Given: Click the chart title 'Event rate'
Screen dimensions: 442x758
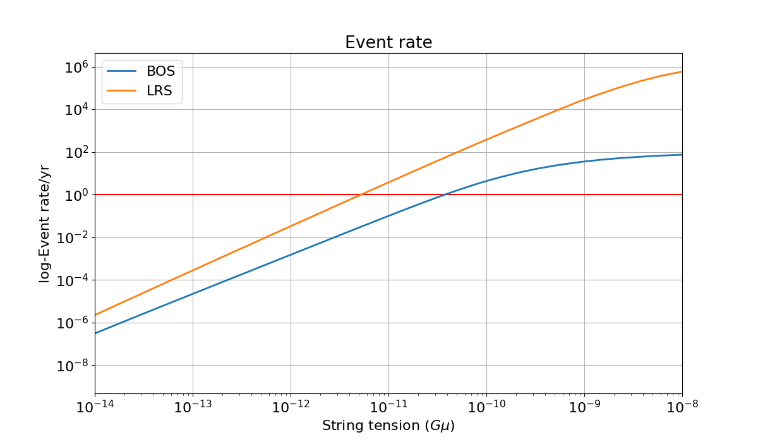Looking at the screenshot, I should (388, 42).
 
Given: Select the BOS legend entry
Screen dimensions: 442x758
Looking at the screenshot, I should (141, 71).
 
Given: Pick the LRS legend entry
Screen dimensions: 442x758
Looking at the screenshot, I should (141, 92).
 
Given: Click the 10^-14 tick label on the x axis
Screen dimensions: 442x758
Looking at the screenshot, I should (95, 407).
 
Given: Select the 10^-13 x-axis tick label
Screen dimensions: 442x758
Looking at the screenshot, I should (193, 407).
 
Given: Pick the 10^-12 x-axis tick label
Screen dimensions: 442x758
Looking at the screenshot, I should (291, 407).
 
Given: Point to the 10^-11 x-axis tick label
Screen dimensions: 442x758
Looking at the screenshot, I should (388, 407).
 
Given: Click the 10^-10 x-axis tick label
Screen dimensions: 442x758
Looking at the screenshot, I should (486, 407).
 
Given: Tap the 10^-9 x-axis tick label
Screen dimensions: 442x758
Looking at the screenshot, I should (584, 407).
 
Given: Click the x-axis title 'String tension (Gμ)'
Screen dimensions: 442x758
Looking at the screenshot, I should (388, 426).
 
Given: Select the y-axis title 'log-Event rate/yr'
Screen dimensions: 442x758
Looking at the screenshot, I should (44, 224).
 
